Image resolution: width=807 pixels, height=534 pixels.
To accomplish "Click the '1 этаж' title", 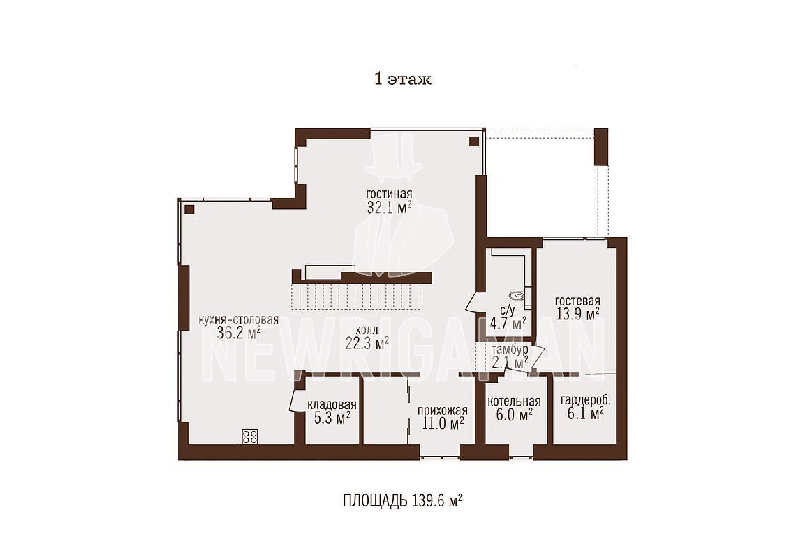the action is (403, 79).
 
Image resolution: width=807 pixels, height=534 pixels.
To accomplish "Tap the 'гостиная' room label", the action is (389, 194).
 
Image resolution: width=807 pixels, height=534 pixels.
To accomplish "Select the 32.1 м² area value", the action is (389, 208).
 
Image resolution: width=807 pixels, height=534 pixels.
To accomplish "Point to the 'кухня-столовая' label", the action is (239, 320).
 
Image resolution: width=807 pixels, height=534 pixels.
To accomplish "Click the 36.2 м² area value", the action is (239, 333).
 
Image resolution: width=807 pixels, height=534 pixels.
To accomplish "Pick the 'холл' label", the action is (367, 330).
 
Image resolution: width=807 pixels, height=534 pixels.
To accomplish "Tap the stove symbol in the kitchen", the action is (249, 437).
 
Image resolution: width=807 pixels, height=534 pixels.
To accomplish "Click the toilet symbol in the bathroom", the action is (517, 296).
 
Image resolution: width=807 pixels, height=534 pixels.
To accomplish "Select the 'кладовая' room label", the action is (331, 405).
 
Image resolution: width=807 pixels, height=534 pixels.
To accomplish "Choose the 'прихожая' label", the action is (442, 411).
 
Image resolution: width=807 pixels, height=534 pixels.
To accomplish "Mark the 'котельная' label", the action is (514, 402).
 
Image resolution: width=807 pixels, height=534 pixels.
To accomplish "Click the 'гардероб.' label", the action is (586, 400).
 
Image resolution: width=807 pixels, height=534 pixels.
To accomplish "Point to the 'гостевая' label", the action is (578, 301).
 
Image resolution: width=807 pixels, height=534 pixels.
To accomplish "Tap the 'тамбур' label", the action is (510, 350).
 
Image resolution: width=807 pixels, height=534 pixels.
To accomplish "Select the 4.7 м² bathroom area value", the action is (507, 323).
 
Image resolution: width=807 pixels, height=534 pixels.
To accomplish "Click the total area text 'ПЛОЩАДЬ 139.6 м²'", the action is (403, 501).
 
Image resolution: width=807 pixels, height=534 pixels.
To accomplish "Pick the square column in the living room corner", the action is (474, 141).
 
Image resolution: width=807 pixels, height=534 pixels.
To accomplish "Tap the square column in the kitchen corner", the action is (189, 209).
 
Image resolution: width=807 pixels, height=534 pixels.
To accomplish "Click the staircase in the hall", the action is (356, 297).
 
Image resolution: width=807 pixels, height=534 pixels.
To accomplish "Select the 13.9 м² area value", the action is (578, 314).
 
